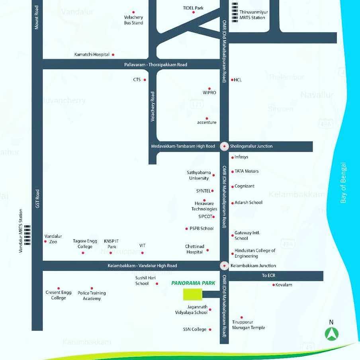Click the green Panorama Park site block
pos(193,294)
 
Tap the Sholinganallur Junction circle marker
pos(225,146)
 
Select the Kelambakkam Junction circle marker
pos(225,266)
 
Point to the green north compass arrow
pos(331,333)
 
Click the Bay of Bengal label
pos(343,183)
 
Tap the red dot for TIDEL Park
pos(194,12)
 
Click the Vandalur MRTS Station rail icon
pos(27,234)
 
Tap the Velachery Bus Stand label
pos(133,20)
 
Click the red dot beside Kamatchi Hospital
pos(113,55)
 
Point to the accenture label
pos(207,122)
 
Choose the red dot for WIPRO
pos(209,88)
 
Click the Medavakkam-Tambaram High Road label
pos(183,146)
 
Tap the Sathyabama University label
pos(199,175)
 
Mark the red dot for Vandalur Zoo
pos(45,241)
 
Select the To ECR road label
pos(269,276)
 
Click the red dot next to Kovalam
pos(274,285)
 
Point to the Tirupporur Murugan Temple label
pos(248,325)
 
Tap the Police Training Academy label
pos(92,295)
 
